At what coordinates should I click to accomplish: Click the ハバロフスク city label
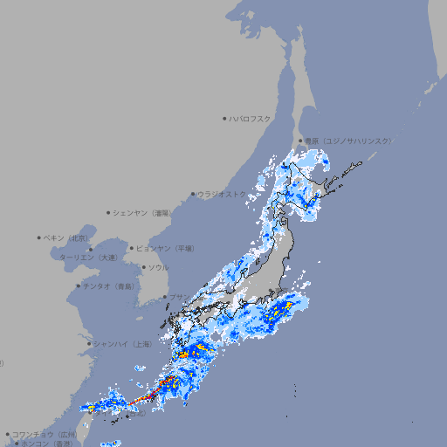click(251, 118)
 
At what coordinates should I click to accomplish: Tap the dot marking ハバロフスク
click(224, 118)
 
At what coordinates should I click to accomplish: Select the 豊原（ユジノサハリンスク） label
click(347, 141)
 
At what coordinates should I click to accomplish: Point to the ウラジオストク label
click(222, 195)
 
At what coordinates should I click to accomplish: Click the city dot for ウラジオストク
click(194, 195)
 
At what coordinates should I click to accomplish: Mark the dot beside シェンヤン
click(109, 212)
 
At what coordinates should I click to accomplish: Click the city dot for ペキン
click(39, 237)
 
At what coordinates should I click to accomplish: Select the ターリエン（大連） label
click(88, 258)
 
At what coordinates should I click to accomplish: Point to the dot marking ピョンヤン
click(132, 248)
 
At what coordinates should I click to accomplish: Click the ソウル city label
click(158, 267)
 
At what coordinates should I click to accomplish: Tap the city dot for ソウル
click(142, 267)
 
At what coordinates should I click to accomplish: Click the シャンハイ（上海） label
click(122, 344)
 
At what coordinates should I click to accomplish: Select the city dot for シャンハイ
click(89, 344)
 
